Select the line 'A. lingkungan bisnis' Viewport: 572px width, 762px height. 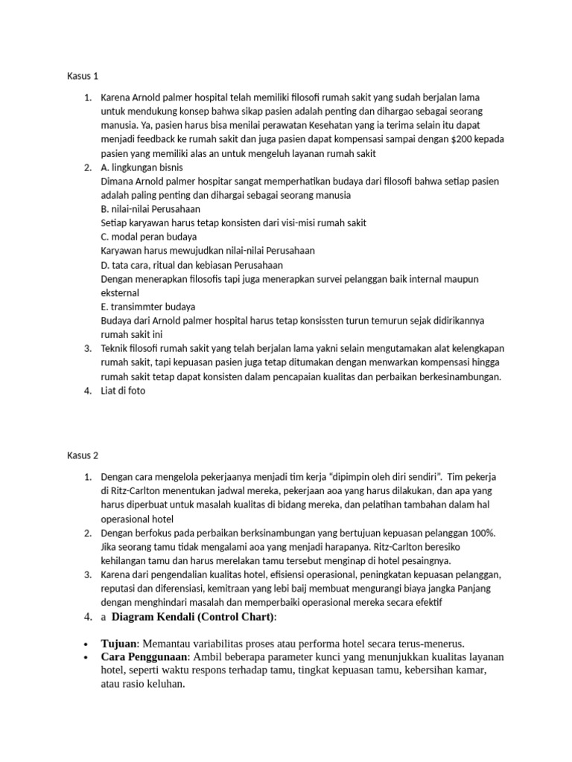tap(141, 167)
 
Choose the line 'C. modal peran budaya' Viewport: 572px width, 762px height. tap(144, 237)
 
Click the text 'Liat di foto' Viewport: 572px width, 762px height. tap(124, 391)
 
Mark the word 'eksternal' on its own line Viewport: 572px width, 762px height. tap(121, 292)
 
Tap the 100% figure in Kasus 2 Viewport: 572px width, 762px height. tap(483, 533)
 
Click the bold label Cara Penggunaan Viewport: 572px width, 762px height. tap(143, 657)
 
